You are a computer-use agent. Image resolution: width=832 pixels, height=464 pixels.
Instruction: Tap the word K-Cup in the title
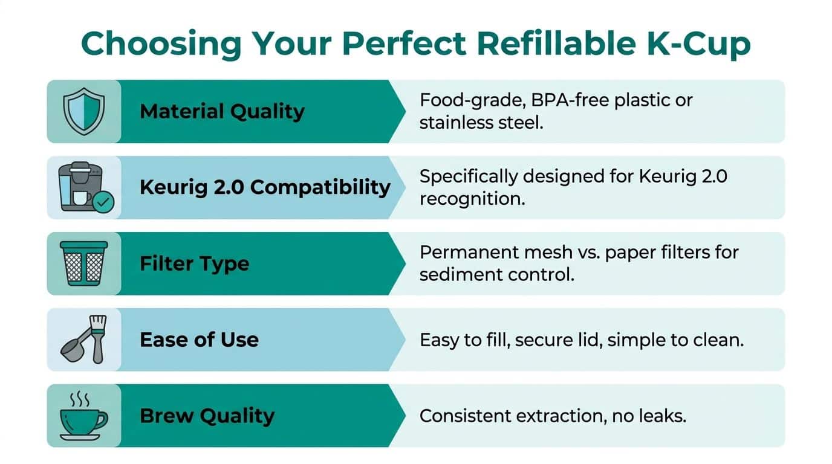point(699,44)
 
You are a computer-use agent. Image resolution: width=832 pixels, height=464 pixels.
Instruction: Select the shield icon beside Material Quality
point(84,111)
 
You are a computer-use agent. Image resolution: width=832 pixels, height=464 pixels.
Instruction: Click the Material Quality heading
point(222,111)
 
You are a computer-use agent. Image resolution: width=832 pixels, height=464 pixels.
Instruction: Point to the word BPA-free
point(570,100)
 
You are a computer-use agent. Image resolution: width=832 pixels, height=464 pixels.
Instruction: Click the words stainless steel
point(481,123)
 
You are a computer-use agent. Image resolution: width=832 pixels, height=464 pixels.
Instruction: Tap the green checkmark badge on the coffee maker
point(103,202)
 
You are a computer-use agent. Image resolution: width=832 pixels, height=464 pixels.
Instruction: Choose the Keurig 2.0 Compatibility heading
point(265,187)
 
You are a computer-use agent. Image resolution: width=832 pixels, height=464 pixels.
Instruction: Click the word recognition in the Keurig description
point(472,199)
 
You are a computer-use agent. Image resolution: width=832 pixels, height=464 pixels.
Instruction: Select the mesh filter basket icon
point(84,263)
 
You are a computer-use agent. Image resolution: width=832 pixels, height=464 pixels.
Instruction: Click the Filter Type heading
point(194,264)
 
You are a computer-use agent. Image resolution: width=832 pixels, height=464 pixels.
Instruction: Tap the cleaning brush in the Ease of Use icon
point(98,339)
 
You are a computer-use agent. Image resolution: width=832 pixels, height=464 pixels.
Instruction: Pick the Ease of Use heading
point(199,340)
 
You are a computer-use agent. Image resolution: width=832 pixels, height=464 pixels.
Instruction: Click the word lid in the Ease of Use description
point(591,340)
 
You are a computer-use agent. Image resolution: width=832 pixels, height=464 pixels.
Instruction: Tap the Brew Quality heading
point(207,416)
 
